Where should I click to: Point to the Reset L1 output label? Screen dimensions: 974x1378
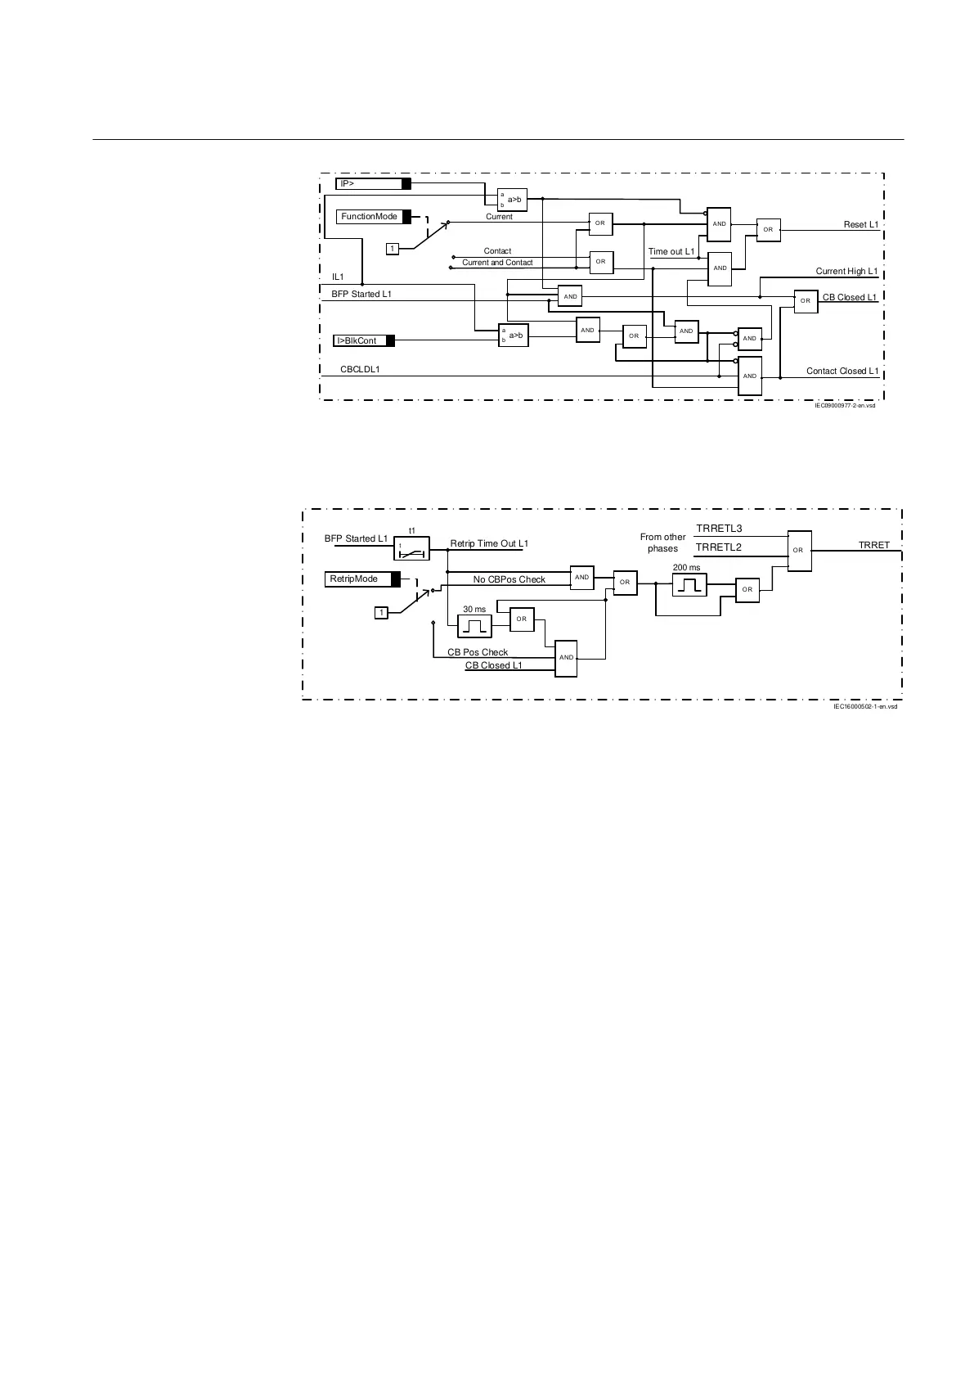pos(860,224)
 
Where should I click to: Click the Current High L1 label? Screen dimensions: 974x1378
pos(846,271)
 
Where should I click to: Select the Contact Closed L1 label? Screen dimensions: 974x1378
pos(842,371)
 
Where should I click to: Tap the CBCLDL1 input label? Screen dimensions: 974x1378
pos(360,370)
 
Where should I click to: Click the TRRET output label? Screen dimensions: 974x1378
pos(873,545)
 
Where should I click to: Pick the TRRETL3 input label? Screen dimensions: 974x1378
pos(718,529)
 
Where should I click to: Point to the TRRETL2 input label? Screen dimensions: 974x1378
pos(718,547)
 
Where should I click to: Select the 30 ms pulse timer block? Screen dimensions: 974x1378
pos(475,626)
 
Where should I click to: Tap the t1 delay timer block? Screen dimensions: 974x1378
pos(412,548)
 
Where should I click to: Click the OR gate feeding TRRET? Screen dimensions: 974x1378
pos(798,550)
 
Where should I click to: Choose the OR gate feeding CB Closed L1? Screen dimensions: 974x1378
pos(806,301)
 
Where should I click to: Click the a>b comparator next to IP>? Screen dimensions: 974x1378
pos(513,200)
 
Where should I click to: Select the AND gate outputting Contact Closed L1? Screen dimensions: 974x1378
pos(750,376)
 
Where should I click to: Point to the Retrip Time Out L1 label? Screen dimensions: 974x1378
pos(489,544)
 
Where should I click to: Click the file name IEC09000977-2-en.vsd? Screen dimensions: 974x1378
pos(844,405)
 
